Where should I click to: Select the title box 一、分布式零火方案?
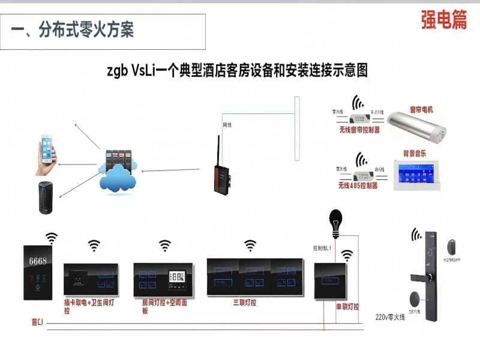(103, 31)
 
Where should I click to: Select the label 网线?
(227, 125)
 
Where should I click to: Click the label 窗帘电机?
(421, 109)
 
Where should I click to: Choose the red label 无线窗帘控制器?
(359, 128)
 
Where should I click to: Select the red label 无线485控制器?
(358, 185)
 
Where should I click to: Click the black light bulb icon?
(333, 220)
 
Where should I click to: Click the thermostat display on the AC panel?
(178, 277)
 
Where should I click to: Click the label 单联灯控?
(347, 307)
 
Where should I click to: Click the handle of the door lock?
(422, 277)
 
